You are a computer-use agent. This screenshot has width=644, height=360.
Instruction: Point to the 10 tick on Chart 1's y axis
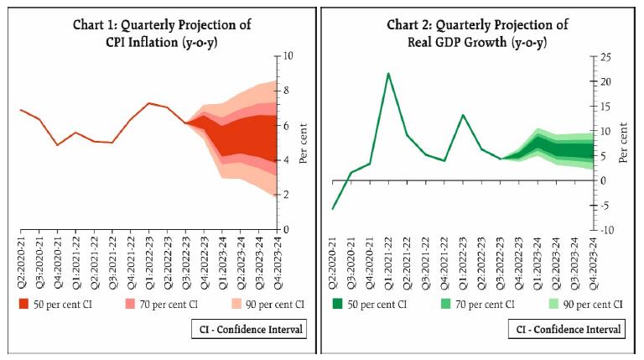pyautogui.click(x=288, y=55)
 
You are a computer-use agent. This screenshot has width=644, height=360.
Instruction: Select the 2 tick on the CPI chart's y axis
pyautogui.click(x=286, y=195)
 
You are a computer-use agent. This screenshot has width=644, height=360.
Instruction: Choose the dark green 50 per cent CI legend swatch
pyautogui.click(x=338, y=304)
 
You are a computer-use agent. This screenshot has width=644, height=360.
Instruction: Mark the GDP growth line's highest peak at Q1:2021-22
pyautogui.click(x=388, y=73)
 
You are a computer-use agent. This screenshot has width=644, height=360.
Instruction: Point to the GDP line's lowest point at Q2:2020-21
pyautogui.click(x=333, y=209)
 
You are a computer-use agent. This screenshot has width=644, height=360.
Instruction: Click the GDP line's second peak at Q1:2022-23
pyautogui.click(x=463, y=115)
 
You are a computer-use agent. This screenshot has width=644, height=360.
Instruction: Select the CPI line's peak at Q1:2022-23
pyautogui.click(x=148, y=103)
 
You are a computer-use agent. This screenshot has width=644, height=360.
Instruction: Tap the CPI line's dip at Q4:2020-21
pyautogui.click(x=57, y=145)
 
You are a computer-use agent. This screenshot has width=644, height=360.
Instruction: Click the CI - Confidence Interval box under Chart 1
pyautogui.click(x=250, y=329)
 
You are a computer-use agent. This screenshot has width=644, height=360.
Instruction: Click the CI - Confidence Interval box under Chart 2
pyautogui.click(x=567, y=329)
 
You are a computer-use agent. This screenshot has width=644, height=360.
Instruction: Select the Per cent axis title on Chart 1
pyautogui.click(x=304, y=143)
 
